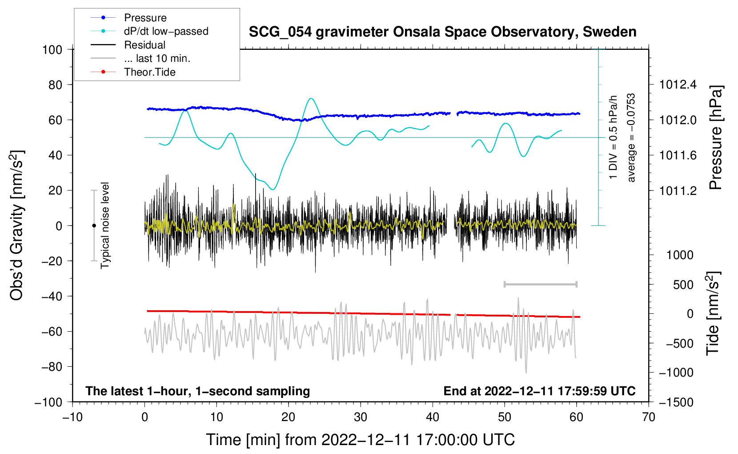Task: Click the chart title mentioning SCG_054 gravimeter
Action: [442, 32]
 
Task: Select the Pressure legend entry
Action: [129, 17]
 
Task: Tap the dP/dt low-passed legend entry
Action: [149, 31]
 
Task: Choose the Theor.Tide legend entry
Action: [133, 72]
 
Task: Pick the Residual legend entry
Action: [128, 45]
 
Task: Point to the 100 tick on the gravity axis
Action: [52, 50]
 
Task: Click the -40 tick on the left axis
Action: [52, 296]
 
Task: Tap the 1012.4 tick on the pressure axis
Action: [678, 85]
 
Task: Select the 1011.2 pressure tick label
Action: [678, 191]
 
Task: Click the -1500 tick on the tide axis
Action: [676, 402]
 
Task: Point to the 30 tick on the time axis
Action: [361, 418]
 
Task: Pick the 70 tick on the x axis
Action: [648, 418]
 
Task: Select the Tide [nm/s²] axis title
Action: [713, 313]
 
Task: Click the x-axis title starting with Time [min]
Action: [361, 440]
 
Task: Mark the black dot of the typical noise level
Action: [94, 226]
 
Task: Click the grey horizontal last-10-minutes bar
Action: [540, 284]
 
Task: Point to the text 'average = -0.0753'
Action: [631, 138]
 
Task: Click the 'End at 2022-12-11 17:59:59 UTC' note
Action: [539, 391]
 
